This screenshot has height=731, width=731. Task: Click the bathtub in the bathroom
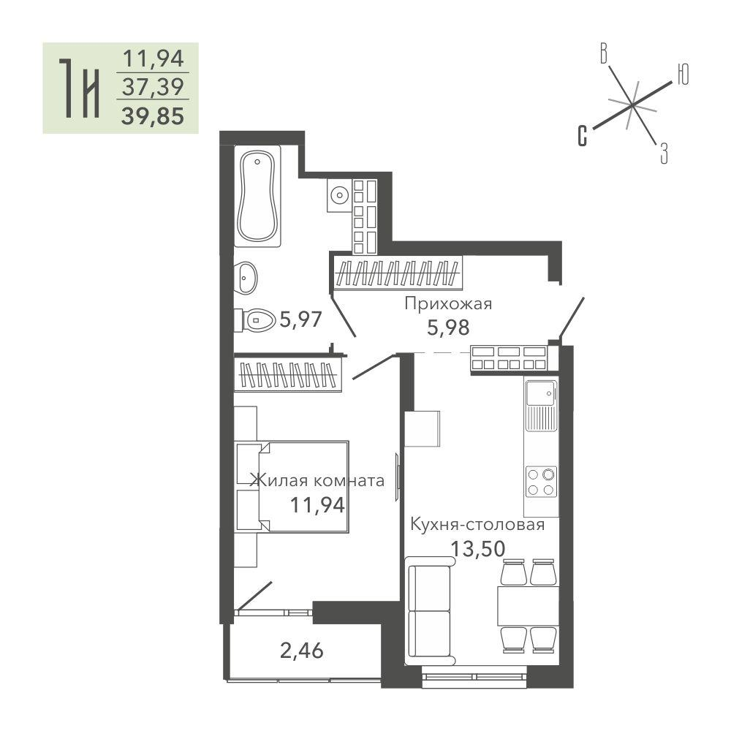[x=257, y=196]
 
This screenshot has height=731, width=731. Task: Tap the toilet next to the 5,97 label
[x=255, y=320]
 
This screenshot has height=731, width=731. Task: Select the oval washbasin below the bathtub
[x=246, y=277]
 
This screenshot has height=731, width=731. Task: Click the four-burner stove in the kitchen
[x=541, y=482]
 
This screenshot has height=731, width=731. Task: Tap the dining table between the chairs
[x=529, y=605]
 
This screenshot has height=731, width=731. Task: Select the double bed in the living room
[x=292, y=487]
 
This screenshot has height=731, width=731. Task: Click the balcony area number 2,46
[x=302, y=651]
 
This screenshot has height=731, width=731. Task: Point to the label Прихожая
[x=448, y=304]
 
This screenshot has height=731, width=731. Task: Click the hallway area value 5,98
[x=448, y=327]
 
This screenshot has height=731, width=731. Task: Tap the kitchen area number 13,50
[x=477, y=549]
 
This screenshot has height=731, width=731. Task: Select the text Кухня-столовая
[x=477, y=524]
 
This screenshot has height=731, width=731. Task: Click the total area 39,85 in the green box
[x=153, y=115]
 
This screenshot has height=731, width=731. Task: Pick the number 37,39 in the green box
[x=153, y=87]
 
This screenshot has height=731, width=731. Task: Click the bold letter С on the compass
[x=583, y=136]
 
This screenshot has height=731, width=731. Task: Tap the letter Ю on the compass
[x=683, y=75]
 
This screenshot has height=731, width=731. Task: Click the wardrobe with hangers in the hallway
[x=398, y=273]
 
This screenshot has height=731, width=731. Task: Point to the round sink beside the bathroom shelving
[x=339, y=195]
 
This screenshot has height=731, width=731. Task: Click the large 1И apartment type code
[x=80, y=88]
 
